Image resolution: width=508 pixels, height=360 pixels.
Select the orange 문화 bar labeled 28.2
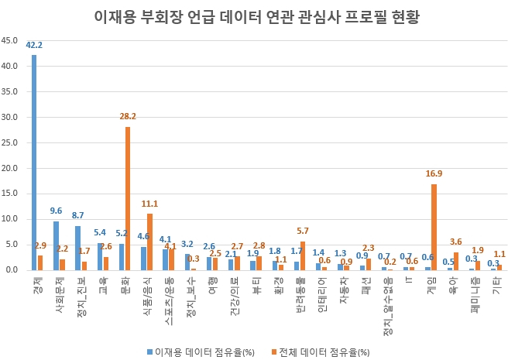tap(128, 198)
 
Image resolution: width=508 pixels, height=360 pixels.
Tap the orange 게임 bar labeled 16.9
tap(434, 227)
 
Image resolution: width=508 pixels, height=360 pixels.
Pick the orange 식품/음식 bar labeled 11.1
tap(149, 242)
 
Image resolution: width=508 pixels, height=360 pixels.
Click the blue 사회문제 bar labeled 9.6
tap(56, 245)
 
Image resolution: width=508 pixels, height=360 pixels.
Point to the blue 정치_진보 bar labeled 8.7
tap(77, 248)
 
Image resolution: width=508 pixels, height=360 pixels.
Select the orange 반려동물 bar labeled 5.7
tap(303, 255)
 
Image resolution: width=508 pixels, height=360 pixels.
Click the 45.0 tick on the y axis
tap(12, 41)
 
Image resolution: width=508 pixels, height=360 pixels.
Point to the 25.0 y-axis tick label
tap(12, 142)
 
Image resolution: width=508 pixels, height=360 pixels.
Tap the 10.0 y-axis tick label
tap(12, 219)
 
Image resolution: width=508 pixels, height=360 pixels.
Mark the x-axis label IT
tap(407, 280)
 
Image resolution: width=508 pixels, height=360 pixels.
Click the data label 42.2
tap(34, 46)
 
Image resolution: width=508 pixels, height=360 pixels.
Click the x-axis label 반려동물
tap(298, 295)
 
